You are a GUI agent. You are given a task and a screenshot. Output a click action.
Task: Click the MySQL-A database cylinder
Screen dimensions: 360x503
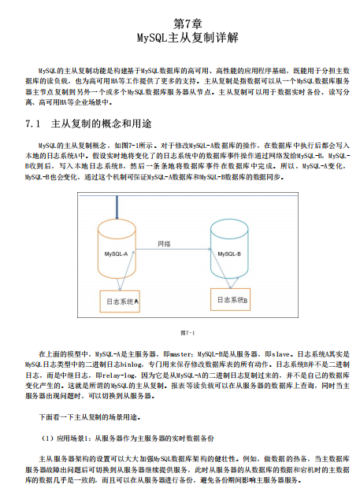point(118,248)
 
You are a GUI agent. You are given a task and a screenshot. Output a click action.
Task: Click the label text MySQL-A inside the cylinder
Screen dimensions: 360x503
point(117,255)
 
